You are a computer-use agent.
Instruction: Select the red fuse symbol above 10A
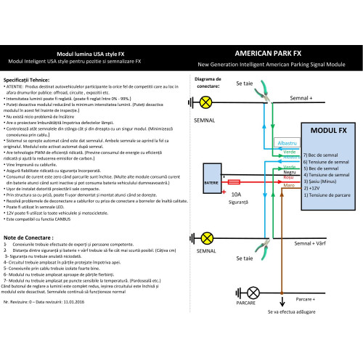pos(234,184)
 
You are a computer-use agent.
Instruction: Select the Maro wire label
pos(288,185)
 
